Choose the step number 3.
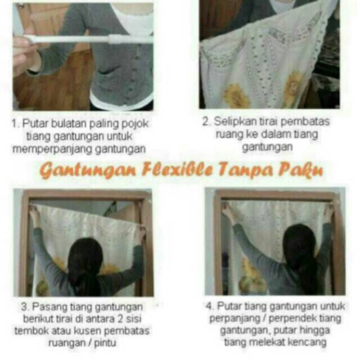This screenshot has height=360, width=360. [24, 307]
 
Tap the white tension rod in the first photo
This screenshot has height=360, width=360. [84, 39]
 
